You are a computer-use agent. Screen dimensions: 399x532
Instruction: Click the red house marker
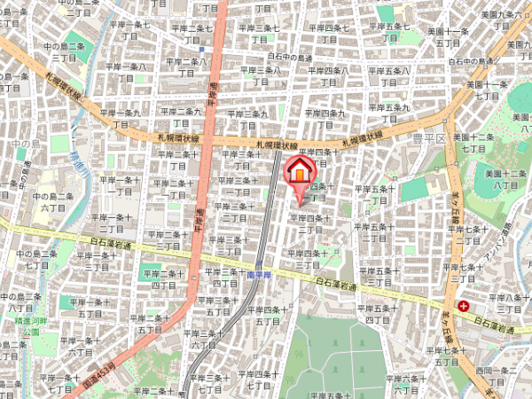coord(300,169)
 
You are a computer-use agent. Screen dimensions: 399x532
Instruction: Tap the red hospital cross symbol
coord(464,306)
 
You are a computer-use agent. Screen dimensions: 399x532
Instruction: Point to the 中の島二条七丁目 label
coord(36,259)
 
